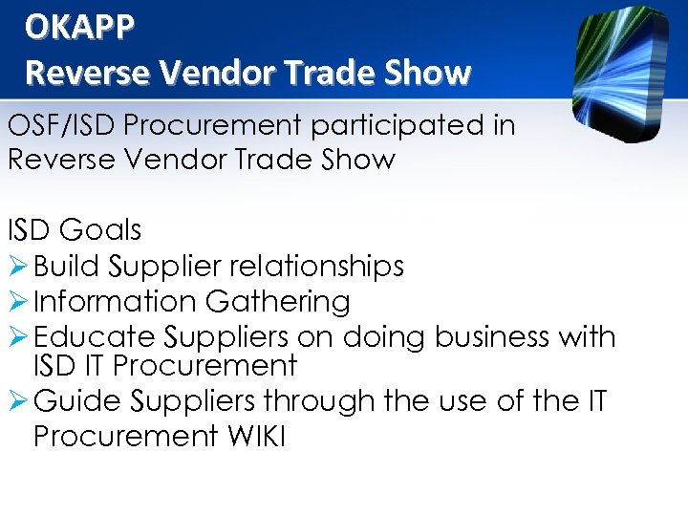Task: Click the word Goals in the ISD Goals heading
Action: click(x=99, y=230)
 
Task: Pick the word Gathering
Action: click(x=278, y=302)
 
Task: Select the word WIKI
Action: click(x=256, y=436)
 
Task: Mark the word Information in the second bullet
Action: click(x=114, y=302)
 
